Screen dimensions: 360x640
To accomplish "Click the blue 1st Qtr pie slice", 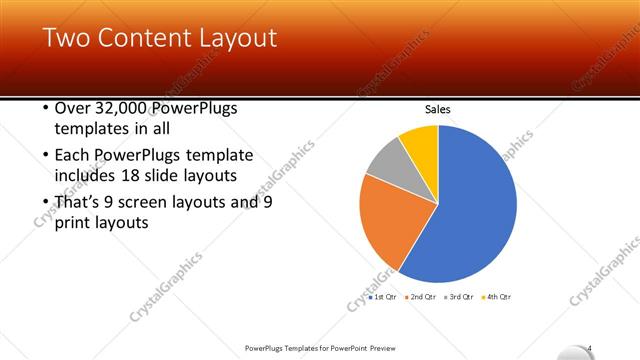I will (x=470, y=210).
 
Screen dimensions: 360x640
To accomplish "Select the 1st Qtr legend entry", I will (x=383, y=297).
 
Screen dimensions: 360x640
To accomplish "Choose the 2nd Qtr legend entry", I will (x=420, y=297).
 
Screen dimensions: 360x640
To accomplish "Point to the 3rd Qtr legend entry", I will (x=459, y=297).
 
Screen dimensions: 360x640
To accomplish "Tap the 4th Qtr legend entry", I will (x=497, y=297).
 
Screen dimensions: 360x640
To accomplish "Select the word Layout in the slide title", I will (x=236, y=39).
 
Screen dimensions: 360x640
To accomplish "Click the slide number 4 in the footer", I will (x=591, y=347).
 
